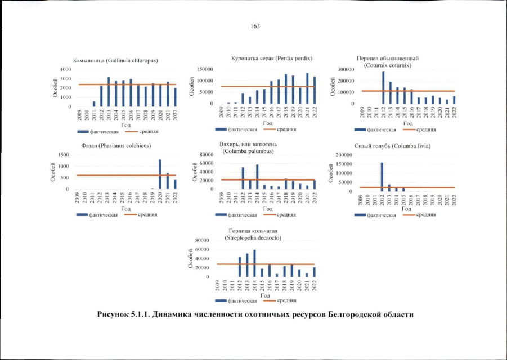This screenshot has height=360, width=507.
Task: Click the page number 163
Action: (x=253, y=25)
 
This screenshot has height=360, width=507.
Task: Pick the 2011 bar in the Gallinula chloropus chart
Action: (x=94, y=103)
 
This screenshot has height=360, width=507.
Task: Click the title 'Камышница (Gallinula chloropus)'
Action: (x=115, y=60)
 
